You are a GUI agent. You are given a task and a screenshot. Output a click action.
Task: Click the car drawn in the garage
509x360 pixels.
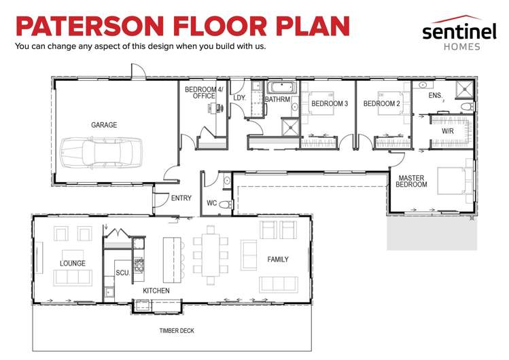[x=102, y=153]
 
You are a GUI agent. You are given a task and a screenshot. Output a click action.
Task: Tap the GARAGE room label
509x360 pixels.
[x=104, y=125]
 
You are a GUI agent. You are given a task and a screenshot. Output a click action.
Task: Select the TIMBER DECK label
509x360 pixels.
[x=177, y=331]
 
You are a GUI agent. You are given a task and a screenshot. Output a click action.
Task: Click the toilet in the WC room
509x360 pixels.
[x=226, y=204]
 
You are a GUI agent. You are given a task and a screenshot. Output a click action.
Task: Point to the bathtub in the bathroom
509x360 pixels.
[x=282, y=88]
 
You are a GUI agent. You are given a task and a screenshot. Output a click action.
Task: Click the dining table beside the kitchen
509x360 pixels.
[x=211, y=255]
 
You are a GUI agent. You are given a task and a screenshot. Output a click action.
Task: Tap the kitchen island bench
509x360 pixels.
[x=172, y=259]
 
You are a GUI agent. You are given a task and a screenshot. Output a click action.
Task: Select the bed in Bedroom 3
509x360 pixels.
[x=318, y=103]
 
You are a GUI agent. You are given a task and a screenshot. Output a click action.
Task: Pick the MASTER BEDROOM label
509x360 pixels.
[x=411, y=181]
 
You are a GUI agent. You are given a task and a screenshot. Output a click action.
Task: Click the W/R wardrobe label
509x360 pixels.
[x=448, y=131]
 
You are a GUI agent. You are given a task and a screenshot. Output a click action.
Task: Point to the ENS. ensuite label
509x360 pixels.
[x=435, y=95]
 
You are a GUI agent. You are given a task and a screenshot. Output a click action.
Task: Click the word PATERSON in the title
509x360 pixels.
[x=90, y=26]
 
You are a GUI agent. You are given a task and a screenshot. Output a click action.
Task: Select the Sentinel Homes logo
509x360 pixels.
[x=459, y=33]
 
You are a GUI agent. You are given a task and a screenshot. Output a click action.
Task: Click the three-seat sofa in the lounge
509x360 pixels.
[x=73, y=278]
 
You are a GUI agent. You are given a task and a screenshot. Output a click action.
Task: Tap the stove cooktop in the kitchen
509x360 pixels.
[x=139, y=265]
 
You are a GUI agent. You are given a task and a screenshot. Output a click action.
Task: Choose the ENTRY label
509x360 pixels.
[x=181, y=198]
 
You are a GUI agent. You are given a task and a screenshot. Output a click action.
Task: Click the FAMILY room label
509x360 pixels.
[x=278, y=259]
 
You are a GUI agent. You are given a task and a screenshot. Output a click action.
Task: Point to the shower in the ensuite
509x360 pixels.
[x=465, y=89]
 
